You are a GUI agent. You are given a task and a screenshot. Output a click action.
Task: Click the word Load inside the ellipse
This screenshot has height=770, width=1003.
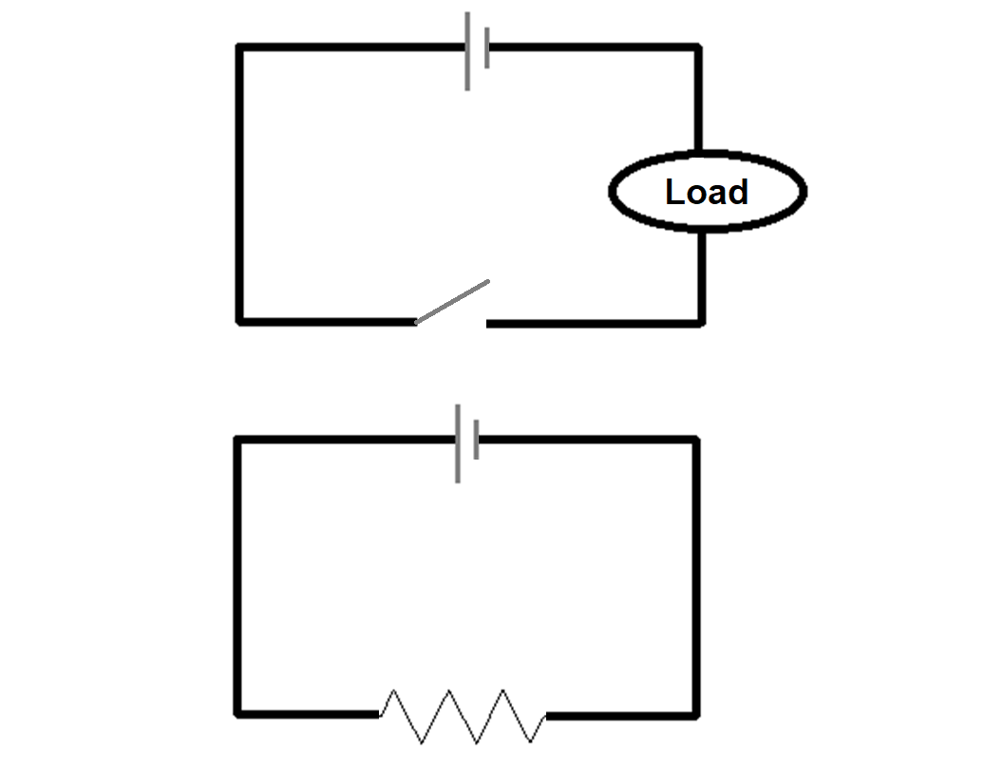pos(707,192)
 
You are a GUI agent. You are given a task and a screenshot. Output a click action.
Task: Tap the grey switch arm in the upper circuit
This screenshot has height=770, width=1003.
pos(453,302)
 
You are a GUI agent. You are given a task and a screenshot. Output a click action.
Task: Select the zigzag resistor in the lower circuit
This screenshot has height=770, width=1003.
pos(463,715)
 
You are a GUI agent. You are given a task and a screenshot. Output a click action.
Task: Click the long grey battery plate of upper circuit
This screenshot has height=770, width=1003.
pos(467,51)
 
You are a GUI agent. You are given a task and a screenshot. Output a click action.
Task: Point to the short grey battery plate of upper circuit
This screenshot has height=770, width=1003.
pos(486,48)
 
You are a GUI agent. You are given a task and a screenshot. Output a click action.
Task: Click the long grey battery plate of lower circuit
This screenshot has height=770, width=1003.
pos(458,442)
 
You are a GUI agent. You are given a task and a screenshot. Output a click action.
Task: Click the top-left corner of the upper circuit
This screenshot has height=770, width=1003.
pos(240,47)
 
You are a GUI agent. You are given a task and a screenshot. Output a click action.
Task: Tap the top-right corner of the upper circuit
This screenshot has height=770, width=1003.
pos(699,47)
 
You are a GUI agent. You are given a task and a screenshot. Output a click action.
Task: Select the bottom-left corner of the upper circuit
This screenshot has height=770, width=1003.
pos(240,322)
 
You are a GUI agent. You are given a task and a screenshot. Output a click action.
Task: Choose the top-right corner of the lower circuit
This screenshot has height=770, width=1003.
pos(696,440)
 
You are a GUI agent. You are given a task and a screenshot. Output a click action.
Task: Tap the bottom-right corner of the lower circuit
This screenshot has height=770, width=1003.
pos(696,713)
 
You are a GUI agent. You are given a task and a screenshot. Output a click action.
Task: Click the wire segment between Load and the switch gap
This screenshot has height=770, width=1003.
pos(594,323)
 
